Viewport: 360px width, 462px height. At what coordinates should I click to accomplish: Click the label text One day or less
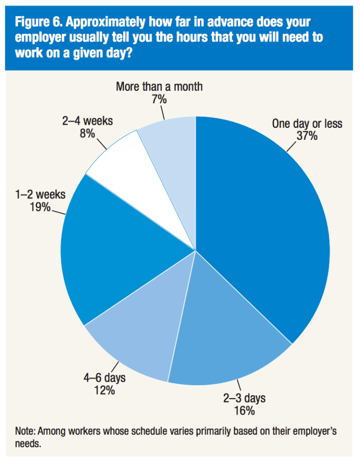coord(307,124)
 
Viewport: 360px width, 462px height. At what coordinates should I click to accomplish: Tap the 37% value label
coord(307,136)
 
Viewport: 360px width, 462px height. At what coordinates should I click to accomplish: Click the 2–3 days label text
coord(245,398)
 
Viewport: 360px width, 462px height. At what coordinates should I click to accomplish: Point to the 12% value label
coord(104,390)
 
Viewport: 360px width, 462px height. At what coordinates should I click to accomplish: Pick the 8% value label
coord(87,134)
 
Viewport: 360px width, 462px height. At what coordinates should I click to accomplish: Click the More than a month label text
coord(159,87)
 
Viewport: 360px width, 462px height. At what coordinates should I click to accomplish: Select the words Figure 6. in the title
coord(41,22)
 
